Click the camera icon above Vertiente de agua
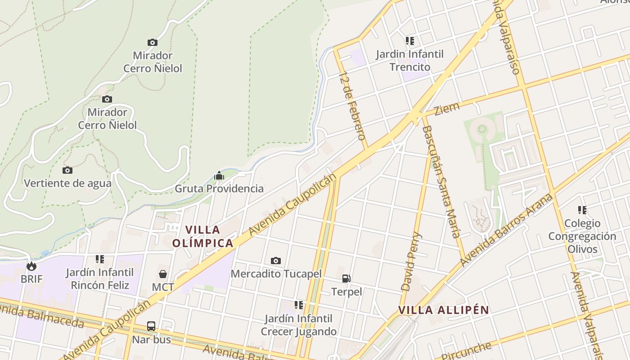coord(67,170)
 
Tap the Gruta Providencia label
coord(219,189)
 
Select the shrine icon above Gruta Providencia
coord(219,175)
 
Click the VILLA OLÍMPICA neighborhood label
coord(203,237)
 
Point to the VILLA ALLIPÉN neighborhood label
coord(443,310)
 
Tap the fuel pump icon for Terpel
coord(346,279)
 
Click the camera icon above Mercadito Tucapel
coord(276,261)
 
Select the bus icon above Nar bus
coord(151,326)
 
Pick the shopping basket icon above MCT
coord(163,274)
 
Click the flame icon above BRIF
coord(31,266)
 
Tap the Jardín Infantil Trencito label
coord(410,60)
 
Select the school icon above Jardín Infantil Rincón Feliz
coord(100,259)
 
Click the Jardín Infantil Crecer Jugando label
coord(299,325)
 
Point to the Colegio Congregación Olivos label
coord(582,236)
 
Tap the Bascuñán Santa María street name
coord(441,181)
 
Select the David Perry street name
coord(411,261)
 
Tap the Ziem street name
coord(447,108)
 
